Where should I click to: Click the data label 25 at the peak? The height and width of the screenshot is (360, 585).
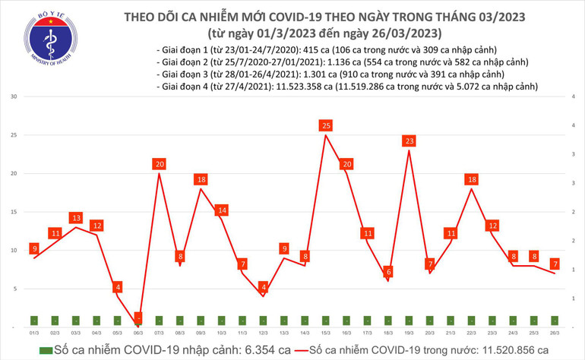point(326,125)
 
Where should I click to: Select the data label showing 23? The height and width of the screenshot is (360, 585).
point(409,141)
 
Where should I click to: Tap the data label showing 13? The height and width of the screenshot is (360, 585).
point(76,218)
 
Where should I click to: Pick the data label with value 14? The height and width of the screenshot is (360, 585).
point(222,210)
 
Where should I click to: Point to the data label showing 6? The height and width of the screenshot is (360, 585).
point(388,272)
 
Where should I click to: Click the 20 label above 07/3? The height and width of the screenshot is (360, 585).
point(159,164)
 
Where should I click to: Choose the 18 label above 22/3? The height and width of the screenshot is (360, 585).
point(472,179)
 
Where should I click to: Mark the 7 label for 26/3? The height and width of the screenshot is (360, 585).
point(555,264)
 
